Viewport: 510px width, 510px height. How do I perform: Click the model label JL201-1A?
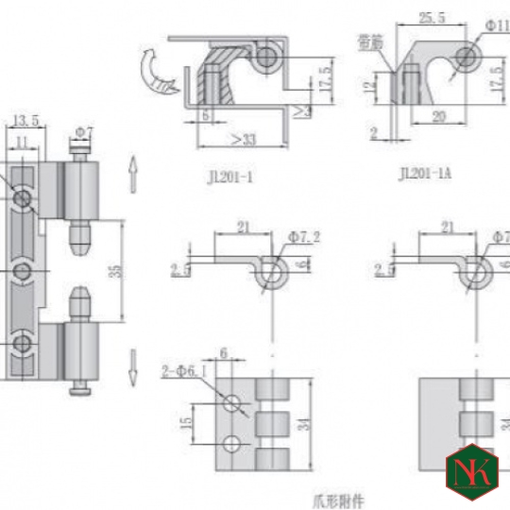click(x=426, y=173)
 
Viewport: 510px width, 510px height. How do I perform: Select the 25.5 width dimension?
click(x=432, y=16)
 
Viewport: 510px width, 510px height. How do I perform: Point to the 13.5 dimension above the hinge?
click(x=25, y=121)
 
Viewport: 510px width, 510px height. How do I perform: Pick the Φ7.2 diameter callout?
click(x=304, y=236)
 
